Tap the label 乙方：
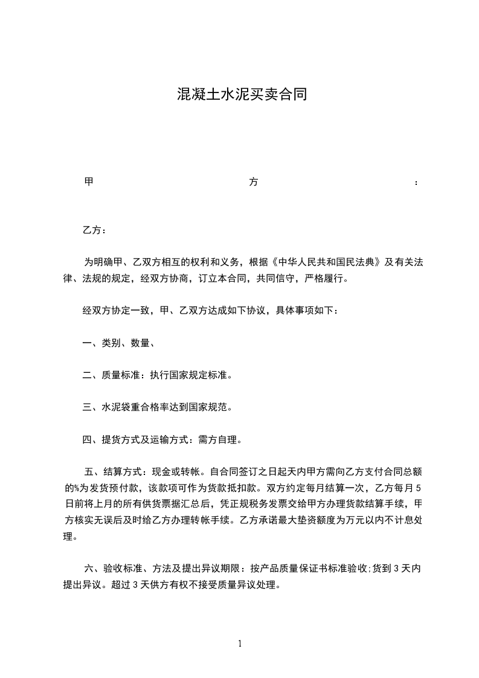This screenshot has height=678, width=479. click(x=95, y=230)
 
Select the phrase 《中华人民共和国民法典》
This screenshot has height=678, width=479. click(x=327, y=262)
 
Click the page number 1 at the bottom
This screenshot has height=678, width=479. click(x=240, y=644)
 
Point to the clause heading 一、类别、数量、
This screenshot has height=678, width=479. click(x=118, y=343)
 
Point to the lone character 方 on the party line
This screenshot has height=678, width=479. click(x=254, y=182)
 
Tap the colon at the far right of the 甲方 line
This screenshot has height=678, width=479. click(x=416, y=182)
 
